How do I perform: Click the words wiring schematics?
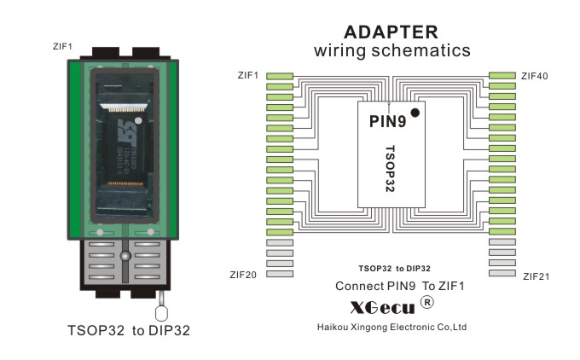coord(391,51)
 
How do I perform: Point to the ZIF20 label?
coord(244,275)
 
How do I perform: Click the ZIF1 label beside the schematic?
coord(249,76)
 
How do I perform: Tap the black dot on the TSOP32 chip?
coord(415,113)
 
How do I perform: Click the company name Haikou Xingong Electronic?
coord(391,327)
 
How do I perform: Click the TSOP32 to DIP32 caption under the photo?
coord(128,328)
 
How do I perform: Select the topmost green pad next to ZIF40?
coord(502,77)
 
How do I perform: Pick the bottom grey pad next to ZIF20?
coord(280,274)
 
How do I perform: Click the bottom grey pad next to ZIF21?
coord(502,274)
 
